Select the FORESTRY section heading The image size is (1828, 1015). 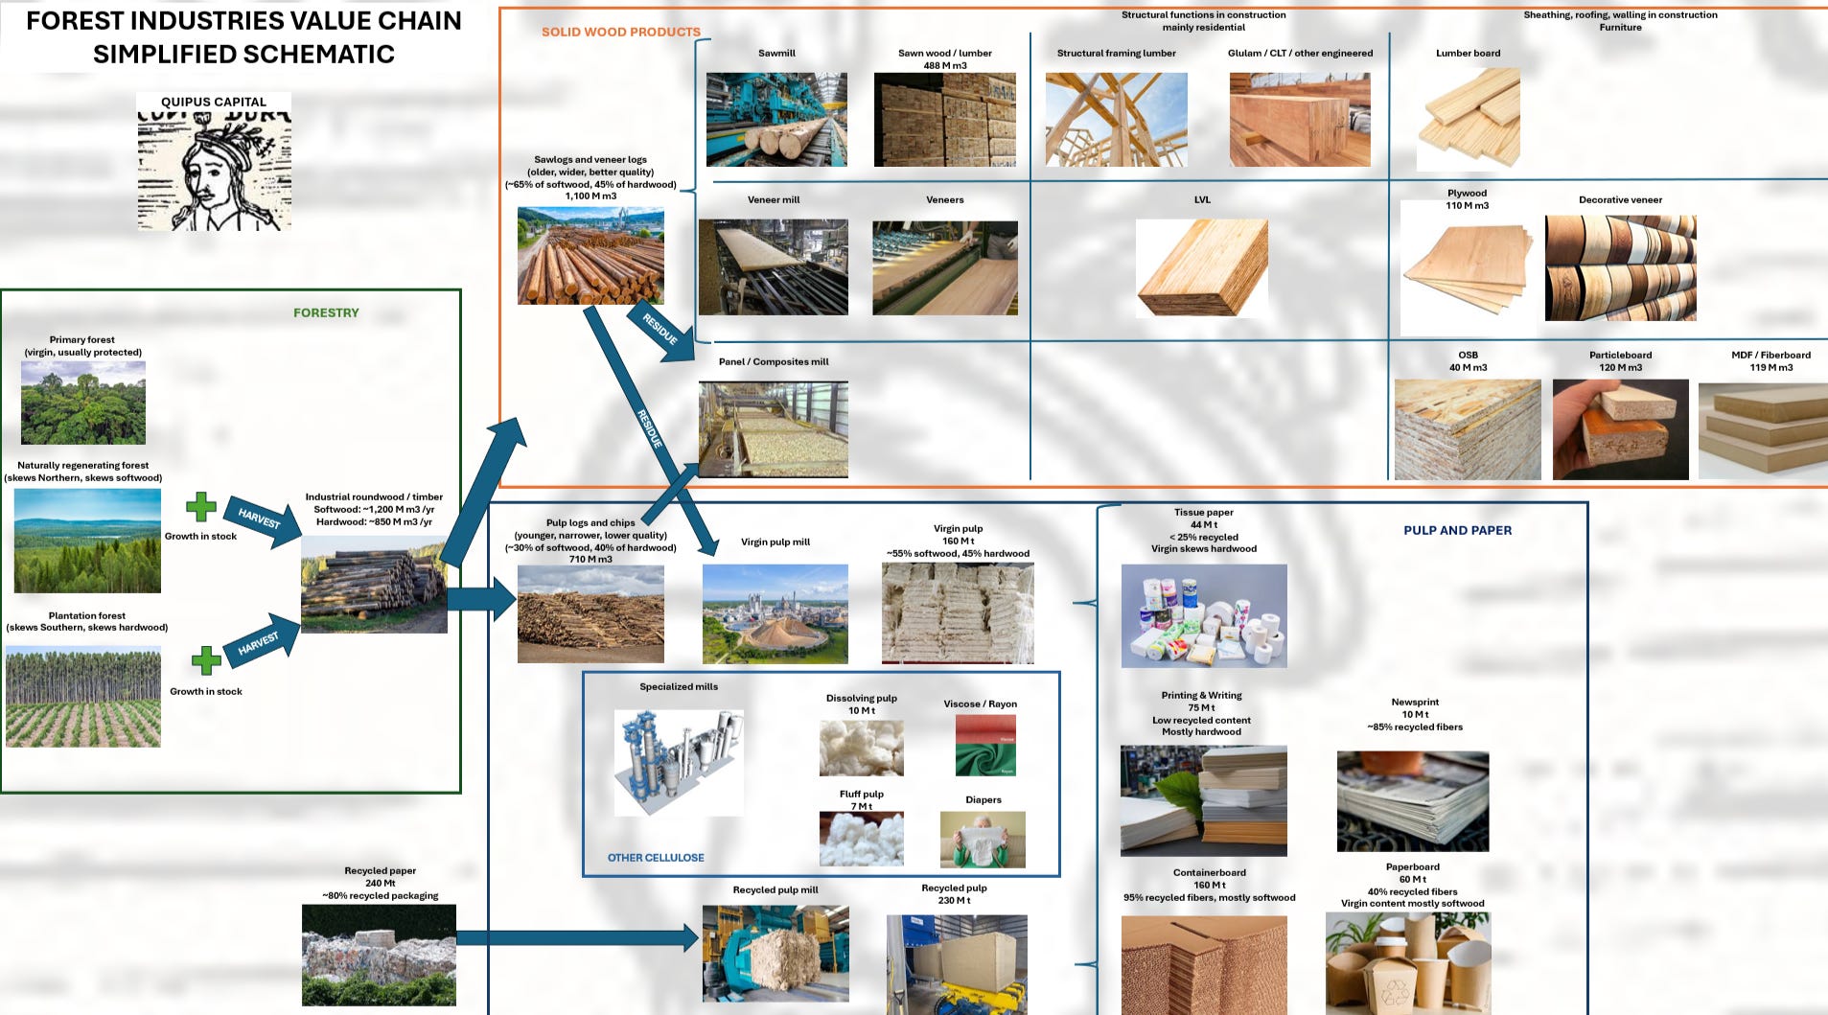tap(326, 312)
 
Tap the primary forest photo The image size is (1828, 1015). tap(83, 402)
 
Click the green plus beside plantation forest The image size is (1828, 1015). tap(205, 660)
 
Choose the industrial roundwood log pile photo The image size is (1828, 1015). tap(374, 584)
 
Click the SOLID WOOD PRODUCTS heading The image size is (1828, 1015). tap(620, 32)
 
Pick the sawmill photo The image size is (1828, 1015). tap(776, 120)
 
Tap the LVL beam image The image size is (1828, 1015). tap(1202, 267)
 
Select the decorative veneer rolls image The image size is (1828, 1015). tap(1620, 268)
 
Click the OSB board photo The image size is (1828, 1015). tap(1468, 428)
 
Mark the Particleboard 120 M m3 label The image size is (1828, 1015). tap(1620, 361)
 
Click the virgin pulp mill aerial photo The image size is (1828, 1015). tap(775, 613)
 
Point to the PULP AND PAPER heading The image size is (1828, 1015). tap(1457, 530)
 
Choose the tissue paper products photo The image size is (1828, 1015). tap(1204, 615)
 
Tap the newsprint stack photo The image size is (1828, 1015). tap(1413, 801)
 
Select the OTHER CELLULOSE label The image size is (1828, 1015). tap(656, 858)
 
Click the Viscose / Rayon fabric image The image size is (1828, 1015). tap(985, 745)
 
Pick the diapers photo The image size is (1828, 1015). tap(983, 840)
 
